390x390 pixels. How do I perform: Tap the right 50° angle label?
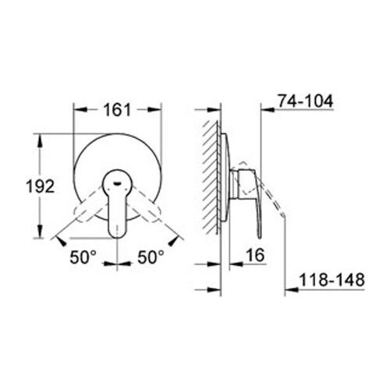pyautogui.click(x=151, y=256)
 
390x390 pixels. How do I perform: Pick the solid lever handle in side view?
pyautogui.click(x=249, y=187)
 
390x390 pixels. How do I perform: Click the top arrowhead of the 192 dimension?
pyautogui.click(x=37, y=139)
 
